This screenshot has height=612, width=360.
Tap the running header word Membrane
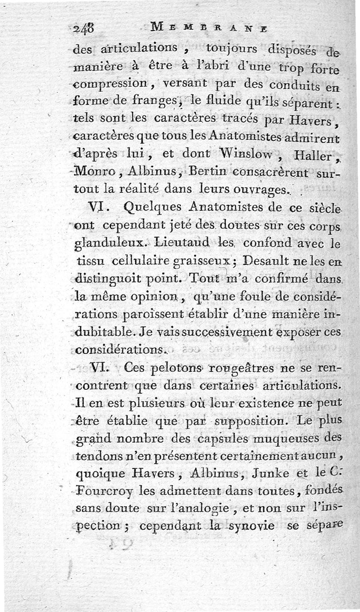[209, 27]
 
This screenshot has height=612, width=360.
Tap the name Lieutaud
[167, 244]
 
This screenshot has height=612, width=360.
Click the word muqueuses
[279, 439]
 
